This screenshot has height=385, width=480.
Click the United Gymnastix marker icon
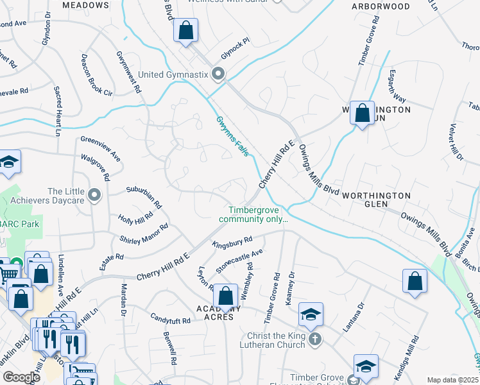[x=218, y=75]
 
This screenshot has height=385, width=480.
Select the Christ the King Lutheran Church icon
[x=314, y=339]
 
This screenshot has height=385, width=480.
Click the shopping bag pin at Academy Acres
[x=225, y=296]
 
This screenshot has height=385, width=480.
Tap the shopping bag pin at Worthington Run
[x=363, y=113]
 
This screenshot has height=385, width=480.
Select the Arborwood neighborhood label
[x=381, y=6]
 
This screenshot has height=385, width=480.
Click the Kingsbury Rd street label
[x=232, y=243]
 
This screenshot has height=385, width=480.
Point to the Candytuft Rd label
[x=171, y=320]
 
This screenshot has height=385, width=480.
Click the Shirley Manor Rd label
[x=144, y=234]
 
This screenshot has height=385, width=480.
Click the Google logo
[x=21, y=377]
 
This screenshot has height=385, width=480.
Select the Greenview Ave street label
[x=101, y=148]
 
